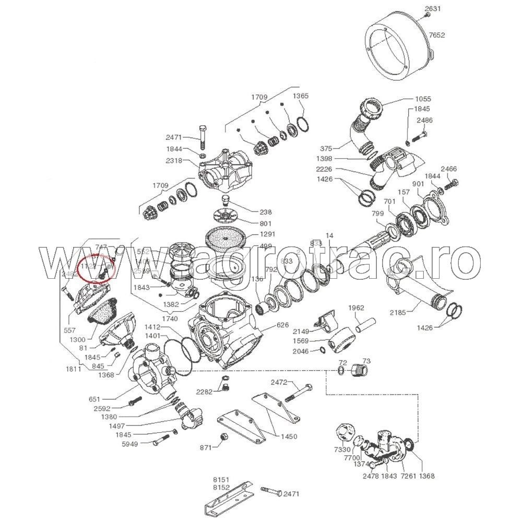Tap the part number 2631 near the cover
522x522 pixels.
pyautogui.click(x=433, y=8)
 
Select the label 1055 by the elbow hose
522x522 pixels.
pyautogui.click(x=423, y=99)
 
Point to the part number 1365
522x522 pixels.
pyautogui.click(x=300, y=96)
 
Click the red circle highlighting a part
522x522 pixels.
pyautogui.click(x=94, y=269)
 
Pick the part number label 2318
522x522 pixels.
pyautogui.click(x=174, y=161)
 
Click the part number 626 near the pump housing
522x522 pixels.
pyautogui.click(x=282, y=325)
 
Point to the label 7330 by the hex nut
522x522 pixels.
pyautogui.click(x=342, y=449)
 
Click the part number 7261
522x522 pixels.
pyautogui.click(x=407, y=476)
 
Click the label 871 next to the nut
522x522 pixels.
pyautogui.click(x=207, y=448)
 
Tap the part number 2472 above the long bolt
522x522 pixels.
pyautogui.click(x=279, y=383)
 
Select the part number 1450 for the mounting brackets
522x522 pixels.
pyautogui.click(x=289, y=436)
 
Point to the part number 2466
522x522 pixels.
pyautogui.click(x=449, y=169)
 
